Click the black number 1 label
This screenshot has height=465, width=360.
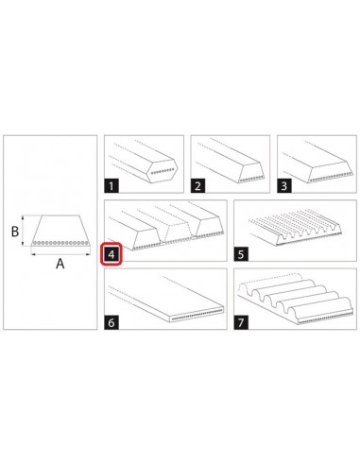(111, 186)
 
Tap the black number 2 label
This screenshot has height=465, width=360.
(197, 186)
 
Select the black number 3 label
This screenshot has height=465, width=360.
(284, 186)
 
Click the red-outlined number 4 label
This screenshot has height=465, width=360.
(111, 253)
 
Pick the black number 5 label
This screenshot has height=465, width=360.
(241, 254)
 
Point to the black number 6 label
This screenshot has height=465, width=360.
(111, 322)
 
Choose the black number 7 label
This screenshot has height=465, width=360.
(241, 322)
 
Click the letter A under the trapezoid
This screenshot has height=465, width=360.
(60, 264)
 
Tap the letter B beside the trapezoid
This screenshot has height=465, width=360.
(15, 232)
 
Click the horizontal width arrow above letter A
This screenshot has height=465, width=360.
(60, 253)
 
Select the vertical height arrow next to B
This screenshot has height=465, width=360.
(23, 231)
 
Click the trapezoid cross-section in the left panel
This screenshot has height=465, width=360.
(60, 231)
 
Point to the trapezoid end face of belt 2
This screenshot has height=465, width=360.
(252, 173)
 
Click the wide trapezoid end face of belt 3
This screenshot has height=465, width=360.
(330, 172)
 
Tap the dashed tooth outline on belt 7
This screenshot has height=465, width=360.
(270, 282)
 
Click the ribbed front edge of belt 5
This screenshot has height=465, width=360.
(309, 234)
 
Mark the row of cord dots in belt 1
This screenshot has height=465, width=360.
(163, 171)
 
